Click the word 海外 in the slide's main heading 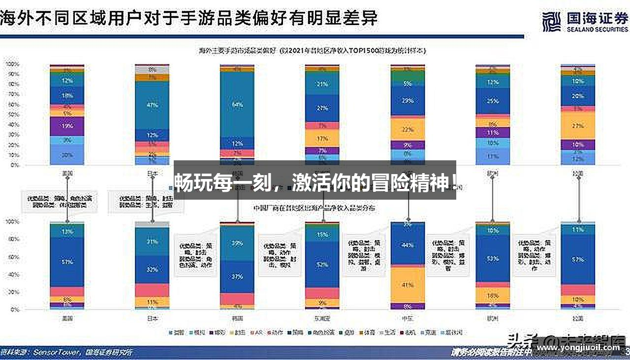pos(14,18)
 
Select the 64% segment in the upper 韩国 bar pos(237,104)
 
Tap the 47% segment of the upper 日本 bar pos(152,105)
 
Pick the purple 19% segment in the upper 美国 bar pos(67,126)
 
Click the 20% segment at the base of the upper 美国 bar pos(67,155)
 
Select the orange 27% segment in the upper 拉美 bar pos(578,126)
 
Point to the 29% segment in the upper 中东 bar pos(408,101)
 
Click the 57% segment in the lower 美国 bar pos(67,262)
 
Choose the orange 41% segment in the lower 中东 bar pos(408,285)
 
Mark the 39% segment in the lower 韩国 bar pos(237,243)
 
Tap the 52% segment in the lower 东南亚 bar pos(322,265)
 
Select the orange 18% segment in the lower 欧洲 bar pos(493,296)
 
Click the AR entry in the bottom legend pos(258,333)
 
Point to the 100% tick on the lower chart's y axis pos(11,222)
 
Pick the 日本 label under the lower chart pos(152,318)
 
